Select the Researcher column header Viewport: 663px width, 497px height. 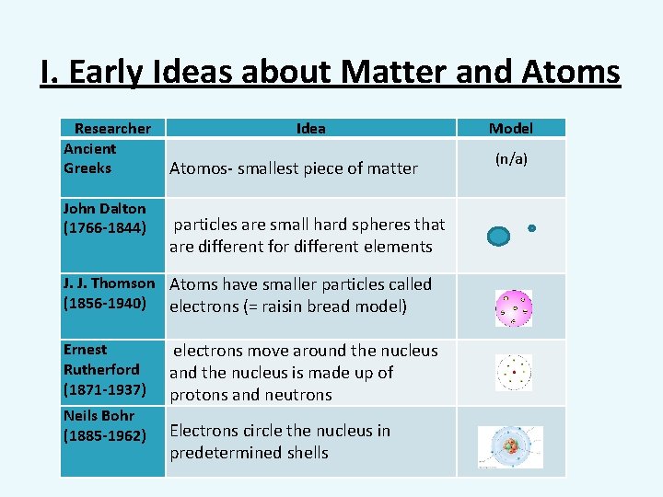tap(112, 129)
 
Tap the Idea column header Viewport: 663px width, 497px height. tap(310, 129)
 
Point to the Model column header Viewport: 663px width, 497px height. tap(510, 129)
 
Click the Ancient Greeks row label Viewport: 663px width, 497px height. tap(89, 158)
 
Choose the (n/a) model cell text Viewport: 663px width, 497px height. tap(511, 159)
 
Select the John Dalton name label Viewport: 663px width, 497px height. tap(104, 209)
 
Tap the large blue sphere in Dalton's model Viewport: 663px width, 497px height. tap(498, 237)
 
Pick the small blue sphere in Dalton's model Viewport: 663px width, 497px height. tap(531, 227)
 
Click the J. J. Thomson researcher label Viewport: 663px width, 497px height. tap(109, 283)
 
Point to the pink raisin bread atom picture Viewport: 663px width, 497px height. tap(513, 308)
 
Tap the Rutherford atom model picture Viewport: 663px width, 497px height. tap(514, 373)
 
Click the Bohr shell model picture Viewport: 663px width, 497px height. tap(511, 446)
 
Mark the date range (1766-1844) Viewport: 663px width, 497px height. tap(104, 228)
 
